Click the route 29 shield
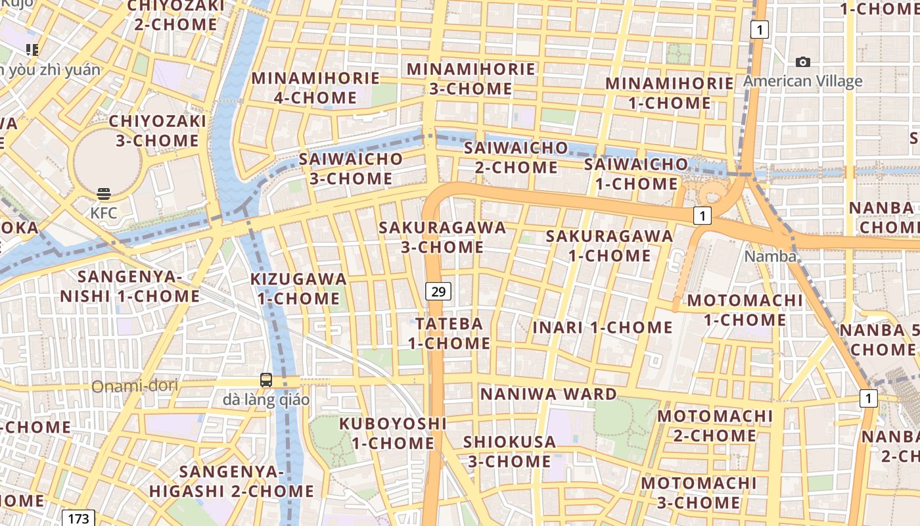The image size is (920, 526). tap(438, 291)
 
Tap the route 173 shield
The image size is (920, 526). tap(78, 518)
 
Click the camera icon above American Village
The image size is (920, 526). tap(802, 62)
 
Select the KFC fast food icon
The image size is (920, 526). tap(104, 194)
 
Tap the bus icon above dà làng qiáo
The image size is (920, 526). tap(265, 380)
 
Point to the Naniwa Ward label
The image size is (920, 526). tap(549, 394)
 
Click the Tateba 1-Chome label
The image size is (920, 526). tap(449, 333)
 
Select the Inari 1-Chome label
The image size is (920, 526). tap(603, 327)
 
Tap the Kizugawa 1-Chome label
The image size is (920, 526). tap(298, 289)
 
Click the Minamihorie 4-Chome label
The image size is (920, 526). tap(315, 88)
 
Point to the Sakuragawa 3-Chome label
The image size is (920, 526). tap(443, 237)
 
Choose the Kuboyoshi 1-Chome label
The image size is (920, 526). tap(393, 433)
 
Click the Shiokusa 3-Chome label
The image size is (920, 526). tap(509, 452)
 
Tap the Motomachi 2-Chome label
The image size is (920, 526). tap(715, 425)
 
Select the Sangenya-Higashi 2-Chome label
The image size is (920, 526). tap(231, 481)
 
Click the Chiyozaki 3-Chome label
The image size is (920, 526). tap(158, 131)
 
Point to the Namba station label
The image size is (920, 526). tap(770, 256)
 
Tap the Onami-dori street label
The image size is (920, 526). tap(135, 386)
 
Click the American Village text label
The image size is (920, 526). tap(803, 82)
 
